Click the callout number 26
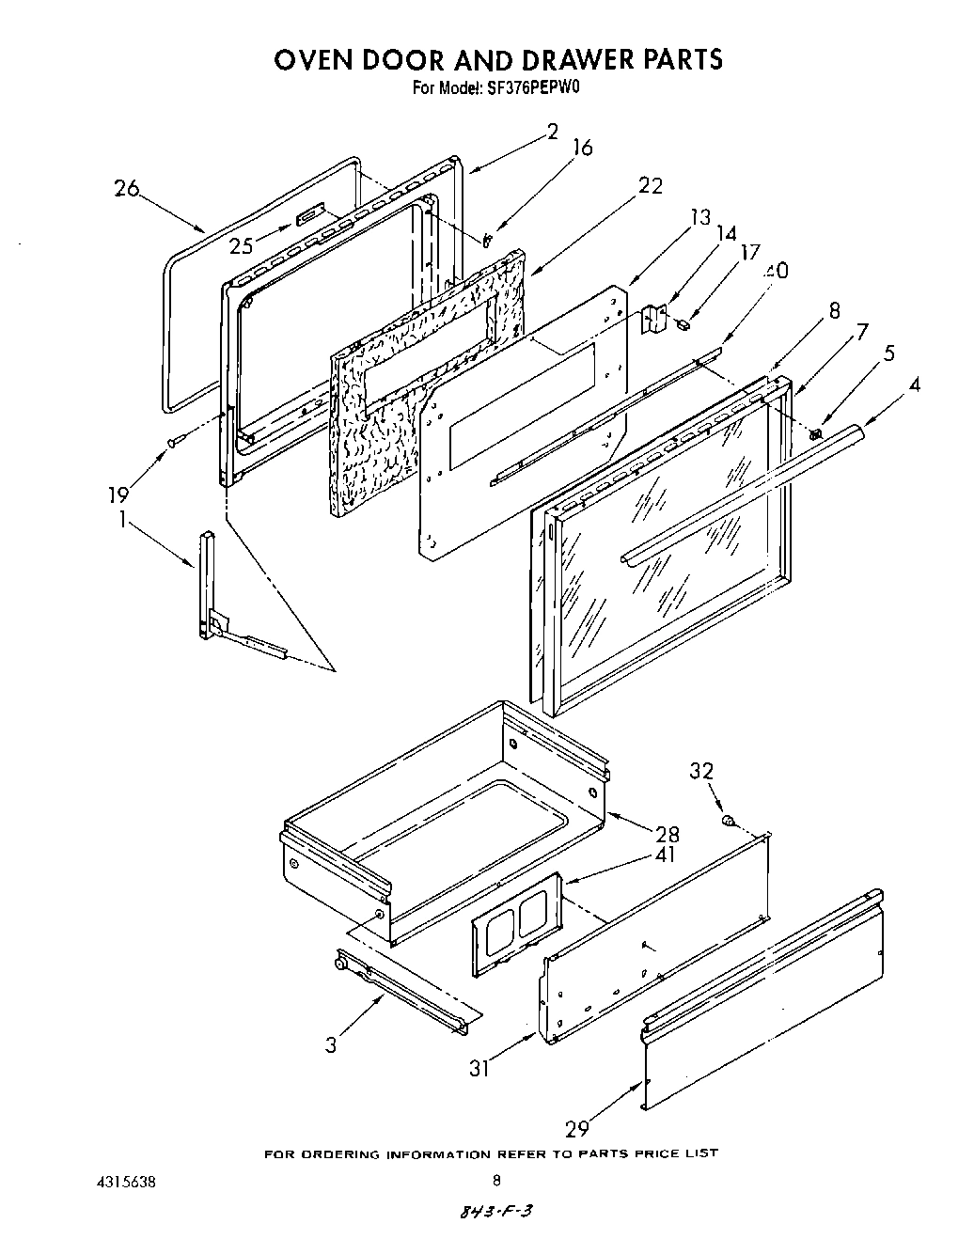click(x=126, y=188)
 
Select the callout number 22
click(x=650, y=185)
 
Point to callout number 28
click(x=667, y=834)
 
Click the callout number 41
click(x=666, y=855)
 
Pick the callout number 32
click(x=700, y=771)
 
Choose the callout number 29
click(x=578, y=1128)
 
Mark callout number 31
click(x=479, y=1068)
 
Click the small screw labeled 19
click(x=173, y=441)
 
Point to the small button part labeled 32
click(x=728, y=822)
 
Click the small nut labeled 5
click(x=815, y=434)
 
